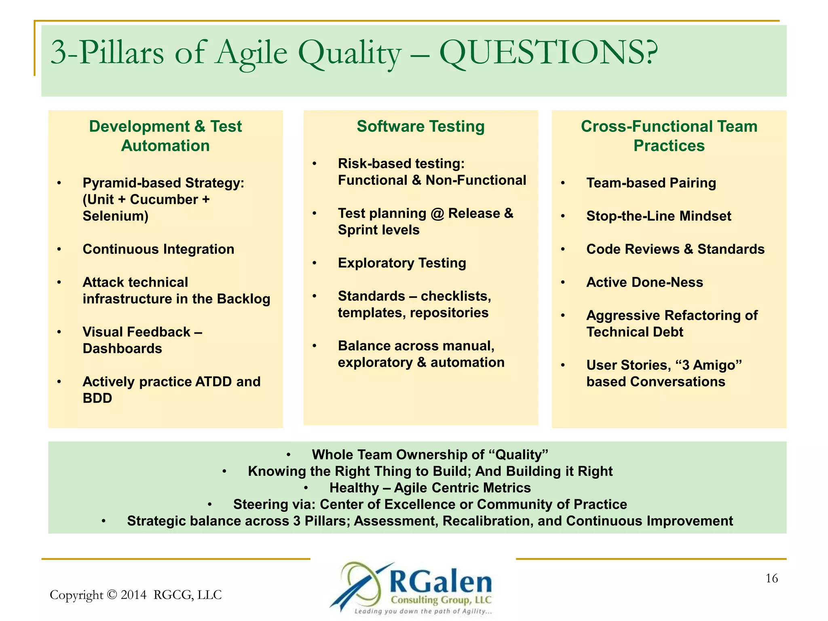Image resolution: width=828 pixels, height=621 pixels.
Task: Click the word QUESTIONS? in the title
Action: tap(548, 53)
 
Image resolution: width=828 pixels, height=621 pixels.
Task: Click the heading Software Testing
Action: tap(420, 127)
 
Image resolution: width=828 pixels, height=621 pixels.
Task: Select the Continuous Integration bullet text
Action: tap(158, 249)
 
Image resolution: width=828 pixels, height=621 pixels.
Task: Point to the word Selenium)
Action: tap(116, 216)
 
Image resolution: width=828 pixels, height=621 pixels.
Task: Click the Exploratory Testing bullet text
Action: tap(402, 263)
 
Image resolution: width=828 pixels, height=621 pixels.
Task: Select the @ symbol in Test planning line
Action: tap(437, 213)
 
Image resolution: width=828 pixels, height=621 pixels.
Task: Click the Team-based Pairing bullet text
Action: tap(651, 183)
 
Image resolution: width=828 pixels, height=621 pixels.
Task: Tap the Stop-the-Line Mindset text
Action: tap(659, 216)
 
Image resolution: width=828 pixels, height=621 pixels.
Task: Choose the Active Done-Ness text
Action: tap(644, 282)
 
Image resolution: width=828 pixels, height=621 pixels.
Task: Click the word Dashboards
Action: tap(122, 349)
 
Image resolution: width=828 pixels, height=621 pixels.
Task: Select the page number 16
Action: tap(771, 579)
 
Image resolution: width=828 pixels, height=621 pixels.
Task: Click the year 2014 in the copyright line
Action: tap(133, 595)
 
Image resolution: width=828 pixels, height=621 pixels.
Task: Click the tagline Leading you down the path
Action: tap(422, 611)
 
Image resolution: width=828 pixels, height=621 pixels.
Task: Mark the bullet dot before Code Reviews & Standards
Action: tap(563, 249)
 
